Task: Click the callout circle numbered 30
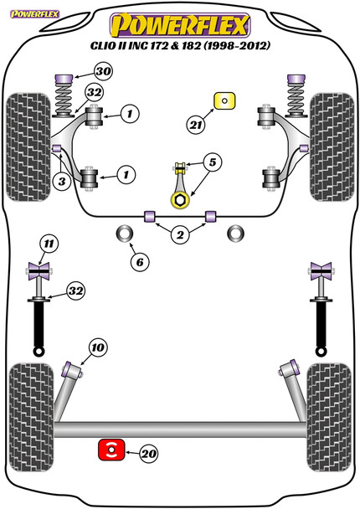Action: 104,71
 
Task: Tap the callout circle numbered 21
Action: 195,125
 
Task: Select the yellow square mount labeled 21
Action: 224,100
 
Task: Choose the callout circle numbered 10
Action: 98,348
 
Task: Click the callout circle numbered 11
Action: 49,244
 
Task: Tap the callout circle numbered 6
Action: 140,262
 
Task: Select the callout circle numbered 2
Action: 180,234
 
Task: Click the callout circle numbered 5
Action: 213,162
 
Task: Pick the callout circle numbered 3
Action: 62,182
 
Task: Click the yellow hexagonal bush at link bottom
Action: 179,200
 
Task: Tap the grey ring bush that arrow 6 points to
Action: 125,233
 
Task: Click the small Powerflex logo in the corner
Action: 34,14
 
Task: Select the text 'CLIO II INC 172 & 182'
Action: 146,45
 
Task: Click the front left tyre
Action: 28,147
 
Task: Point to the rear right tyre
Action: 329,418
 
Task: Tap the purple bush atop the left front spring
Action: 64,79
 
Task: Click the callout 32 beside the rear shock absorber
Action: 75,290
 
